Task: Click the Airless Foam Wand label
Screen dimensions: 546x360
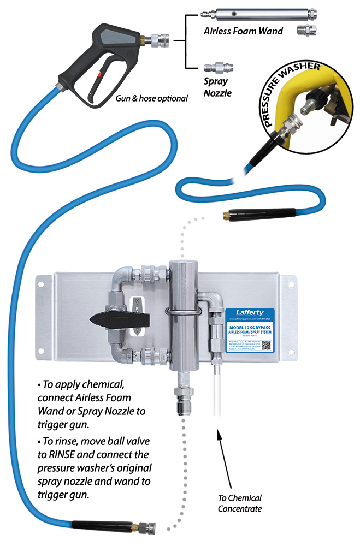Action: pos(243,31)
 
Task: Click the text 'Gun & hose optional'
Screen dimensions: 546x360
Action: pos(151,99)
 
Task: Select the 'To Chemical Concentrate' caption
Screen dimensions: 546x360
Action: pos(240,503)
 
